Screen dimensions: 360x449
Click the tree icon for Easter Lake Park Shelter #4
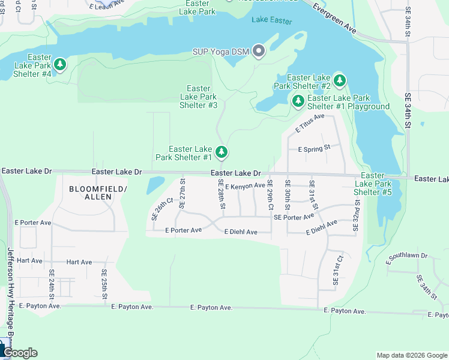pyautogui.click(x=60, y=64)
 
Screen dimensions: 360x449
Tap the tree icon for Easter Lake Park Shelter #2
pyautogui.click(x=340, y=80)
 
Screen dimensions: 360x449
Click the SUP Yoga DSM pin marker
pyautogui.click(x=259, y=51)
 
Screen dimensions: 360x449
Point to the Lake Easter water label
pyautogui.click(x=272, y=21)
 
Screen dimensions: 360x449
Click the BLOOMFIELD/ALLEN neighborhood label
pyautogui.click(x=98, y=193)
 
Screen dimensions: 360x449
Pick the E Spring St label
pyautogui.click(x=314, y=148)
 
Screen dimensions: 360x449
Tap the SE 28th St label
pyautogui.click(x=221, y=194)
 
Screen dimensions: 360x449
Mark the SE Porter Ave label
pyautogui.click(x=294, y=217)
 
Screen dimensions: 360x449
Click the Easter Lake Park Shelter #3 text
pyautogui.click(x=198, y=97)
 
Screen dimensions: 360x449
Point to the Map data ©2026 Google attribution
pyautogui.click(x=411, y=355)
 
